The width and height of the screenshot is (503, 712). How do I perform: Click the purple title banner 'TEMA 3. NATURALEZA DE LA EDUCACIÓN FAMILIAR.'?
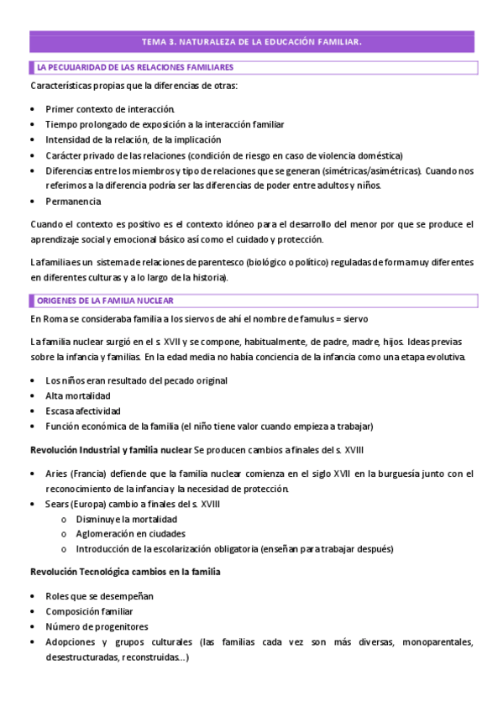[251, 41]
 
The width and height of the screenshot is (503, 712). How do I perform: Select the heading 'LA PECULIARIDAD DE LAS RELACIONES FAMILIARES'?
[134, 66]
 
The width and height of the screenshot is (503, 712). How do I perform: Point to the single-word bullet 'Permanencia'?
[73, 201]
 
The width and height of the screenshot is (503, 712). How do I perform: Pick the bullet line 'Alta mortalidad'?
[78, 395]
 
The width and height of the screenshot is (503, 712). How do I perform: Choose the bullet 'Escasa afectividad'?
[83, 411]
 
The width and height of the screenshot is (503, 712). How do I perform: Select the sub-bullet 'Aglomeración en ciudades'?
[130, 534]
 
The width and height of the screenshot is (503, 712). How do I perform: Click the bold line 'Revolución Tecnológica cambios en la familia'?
[125, 572]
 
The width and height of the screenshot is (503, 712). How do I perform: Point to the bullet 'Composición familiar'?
[89, 611]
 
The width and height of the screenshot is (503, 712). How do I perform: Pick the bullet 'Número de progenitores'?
[97, 626]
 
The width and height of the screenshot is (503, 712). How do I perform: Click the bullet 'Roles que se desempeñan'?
[99, 596]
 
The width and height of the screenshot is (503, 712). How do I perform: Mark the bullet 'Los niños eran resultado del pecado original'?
[136, 380]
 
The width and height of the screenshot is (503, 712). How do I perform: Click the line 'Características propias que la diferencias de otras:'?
[134, 86]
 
